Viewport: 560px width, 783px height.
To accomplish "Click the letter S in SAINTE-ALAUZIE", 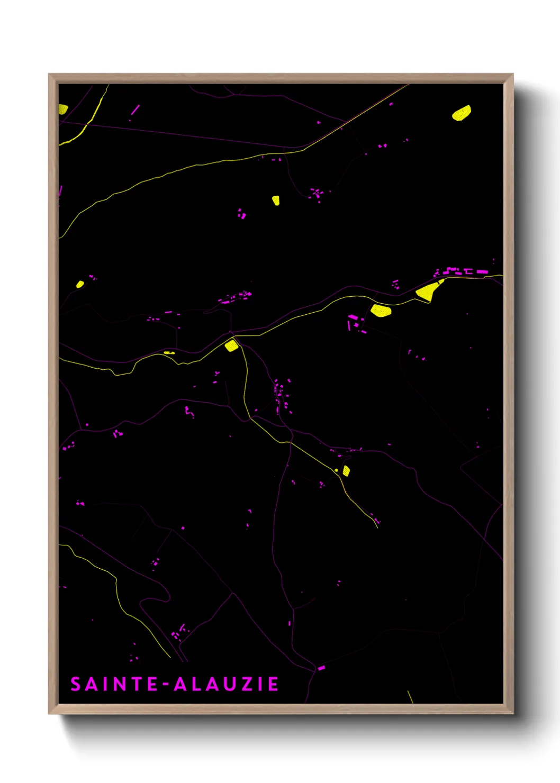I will pyautogui.click(x=75, y=684).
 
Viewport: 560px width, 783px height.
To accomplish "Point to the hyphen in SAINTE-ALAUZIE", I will pyautogui.click(x=166, y=685).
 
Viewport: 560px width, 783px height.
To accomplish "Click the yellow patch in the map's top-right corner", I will pyautogui.click(x=462, y=113).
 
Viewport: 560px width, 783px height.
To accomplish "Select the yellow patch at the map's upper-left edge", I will pyautogui.click(x=62, y=110).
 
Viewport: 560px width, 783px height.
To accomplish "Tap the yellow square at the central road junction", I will pyautogui.click(x=231, y=346).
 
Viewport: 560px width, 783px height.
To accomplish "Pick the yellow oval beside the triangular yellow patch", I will pyautogui.click(x=381, y=311).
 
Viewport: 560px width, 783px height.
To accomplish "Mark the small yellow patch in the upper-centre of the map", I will pyautogui.click(x=276, y=201).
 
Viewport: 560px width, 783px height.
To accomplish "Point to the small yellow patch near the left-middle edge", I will pyautogui.click(x=80, y=284).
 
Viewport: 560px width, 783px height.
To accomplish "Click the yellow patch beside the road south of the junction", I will pyautogui.click(x=346, y=470).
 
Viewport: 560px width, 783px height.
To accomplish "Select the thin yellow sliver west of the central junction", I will pyautogui.click(x=169, y=352).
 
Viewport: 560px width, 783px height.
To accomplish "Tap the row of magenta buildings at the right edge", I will pyautogui.click(x=460, y=272).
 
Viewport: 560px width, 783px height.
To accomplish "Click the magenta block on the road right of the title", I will pyautogui.click(x=321, y=668).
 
